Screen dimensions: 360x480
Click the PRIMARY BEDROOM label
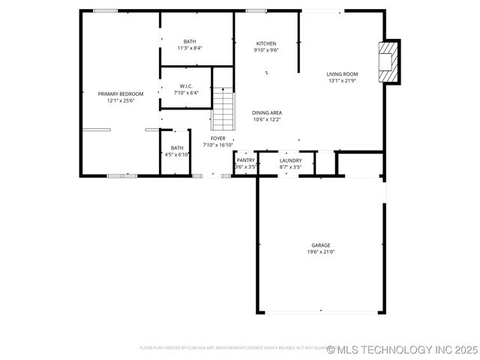pyautogui.click(x=120, y=94)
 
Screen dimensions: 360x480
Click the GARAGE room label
pyautogui.click(x=321, y=245)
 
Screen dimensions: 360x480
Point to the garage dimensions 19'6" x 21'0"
pyautogui.click(x=321, y=252)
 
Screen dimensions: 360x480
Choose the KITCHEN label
pyautogui.click(x=266, y=43)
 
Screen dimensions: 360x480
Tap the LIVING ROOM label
pyautogui.click(x=342, y=74)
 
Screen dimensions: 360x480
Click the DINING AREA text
pyautogui.click(x=266, y=112)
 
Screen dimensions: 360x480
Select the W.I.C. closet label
pyautogui.click(x=186, y=86)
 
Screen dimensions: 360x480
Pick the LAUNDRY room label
pyautogui.click(x=290, y=160)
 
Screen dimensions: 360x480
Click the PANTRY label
pyautogui.click(x=246, y=160)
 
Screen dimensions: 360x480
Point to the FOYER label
pyautogui.click(x=217, y=139)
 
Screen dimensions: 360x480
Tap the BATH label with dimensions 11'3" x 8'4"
pyautogui.click(x=190, y=41)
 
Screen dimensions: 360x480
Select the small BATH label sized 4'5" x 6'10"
pyautogui.click(x=177, y=148)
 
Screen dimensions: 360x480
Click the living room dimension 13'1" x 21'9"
pyautogui.click(x=342, y=81)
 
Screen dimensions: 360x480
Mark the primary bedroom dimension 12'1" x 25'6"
pyautogui.click(x=120, y=100)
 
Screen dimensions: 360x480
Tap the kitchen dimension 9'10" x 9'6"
pyautogui.click(x=266, y=50)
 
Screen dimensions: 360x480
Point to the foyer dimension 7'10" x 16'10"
pyautogui.click(x=217, y=145)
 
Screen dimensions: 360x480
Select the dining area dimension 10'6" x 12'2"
pyautogui.click(x=266, y=119)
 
